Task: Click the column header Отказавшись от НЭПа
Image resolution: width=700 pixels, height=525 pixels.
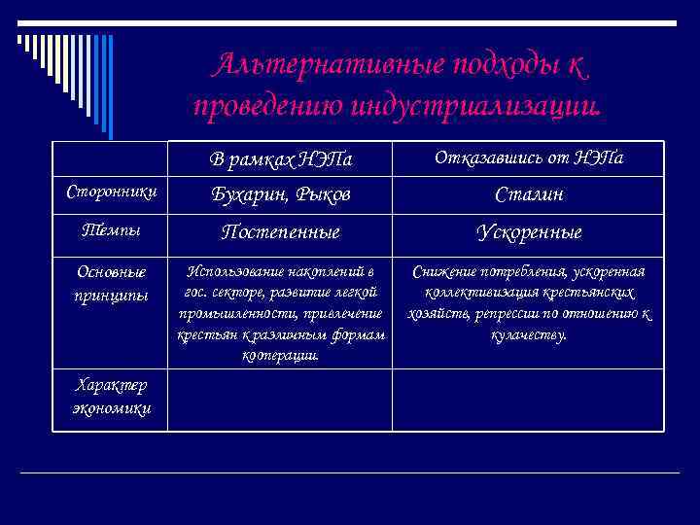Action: pos(528,157)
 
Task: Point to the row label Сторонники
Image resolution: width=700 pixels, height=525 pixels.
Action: pos(110,193)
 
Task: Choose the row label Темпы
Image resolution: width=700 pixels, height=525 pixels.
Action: pos(110,231)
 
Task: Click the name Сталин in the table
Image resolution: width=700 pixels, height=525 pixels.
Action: pos(528,194)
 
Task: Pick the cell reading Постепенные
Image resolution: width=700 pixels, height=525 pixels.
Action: pos(281,232)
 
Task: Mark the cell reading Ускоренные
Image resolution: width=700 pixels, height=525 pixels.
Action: pos(528,232)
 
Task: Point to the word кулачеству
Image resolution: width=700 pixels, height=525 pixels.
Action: pos(528,334)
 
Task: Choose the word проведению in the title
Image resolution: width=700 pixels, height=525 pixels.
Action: pos(253,103)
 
